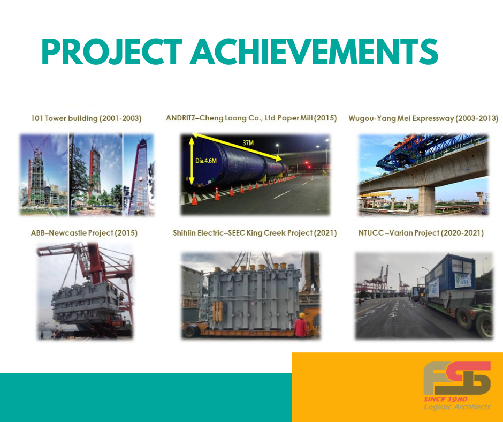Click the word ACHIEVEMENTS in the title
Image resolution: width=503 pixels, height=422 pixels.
[314, 51]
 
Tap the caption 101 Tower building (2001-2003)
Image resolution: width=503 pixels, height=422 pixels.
[86, 118]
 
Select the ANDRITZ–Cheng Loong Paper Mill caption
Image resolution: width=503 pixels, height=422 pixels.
[251, 118]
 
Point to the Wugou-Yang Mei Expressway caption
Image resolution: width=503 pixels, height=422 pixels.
[423, 118]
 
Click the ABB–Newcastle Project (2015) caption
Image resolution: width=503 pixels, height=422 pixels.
[84, 233]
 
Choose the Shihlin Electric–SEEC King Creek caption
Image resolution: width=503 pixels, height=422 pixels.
[255, 233]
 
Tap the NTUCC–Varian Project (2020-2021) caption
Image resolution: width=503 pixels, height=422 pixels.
[421, 233]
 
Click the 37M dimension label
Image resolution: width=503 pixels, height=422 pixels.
[248, 143]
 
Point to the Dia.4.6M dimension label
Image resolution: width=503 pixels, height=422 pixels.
[206, 161]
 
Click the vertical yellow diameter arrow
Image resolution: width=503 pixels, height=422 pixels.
[192, 161]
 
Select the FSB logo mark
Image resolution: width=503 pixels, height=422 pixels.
[457, 378]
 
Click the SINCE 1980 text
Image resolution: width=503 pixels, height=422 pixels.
[445, 399]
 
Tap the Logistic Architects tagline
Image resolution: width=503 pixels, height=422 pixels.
[457, 407]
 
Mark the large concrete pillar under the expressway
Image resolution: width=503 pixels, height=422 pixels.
[426, 200]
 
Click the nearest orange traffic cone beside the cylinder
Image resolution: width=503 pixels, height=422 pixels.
[194, 199]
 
